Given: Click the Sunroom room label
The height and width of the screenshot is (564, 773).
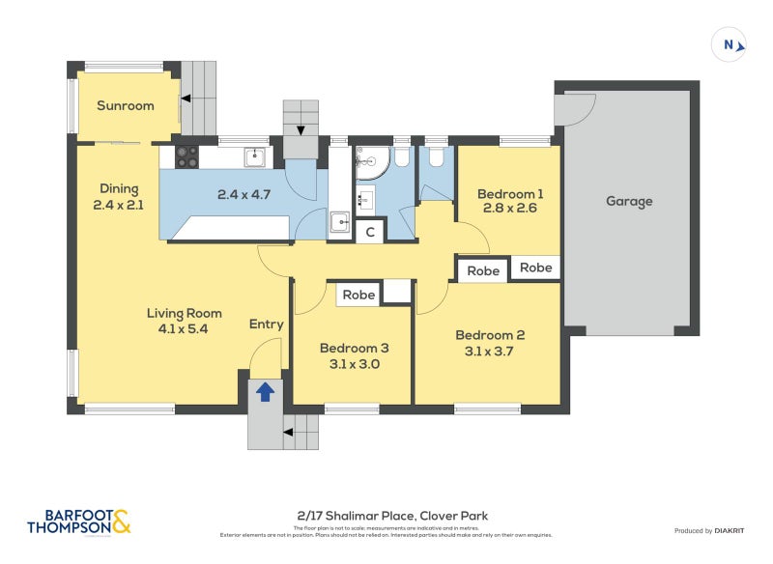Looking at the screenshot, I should coord(126,105).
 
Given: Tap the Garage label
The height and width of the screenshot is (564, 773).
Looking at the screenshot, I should coord(629,201).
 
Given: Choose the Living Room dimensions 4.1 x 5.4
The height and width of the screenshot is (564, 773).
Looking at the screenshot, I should coord(184,328).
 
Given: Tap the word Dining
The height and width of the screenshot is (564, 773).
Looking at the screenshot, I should coord(119,188).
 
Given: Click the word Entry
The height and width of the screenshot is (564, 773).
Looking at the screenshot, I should coord(266,324).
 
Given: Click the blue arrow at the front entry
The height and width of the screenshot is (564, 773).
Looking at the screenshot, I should coord(265,391).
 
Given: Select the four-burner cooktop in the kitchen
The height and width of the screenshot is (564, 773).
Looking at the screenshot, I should coord(186,155).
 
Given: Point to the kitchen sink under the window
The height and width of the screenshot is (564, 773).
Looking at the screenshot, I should coord(254,155).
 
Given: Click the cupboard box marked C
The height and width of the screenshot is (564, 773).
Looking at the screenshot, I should coord(369,232).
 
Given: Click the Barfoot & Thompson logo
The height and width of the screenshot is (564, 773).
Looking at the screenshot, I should coord(79,522).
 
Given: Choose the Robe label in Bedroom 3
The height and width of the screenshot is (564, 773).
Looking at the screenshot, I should coord(358,295).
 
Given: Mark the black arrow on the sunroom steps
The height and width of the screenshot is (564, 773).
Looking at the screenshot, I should coord(186,98).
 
